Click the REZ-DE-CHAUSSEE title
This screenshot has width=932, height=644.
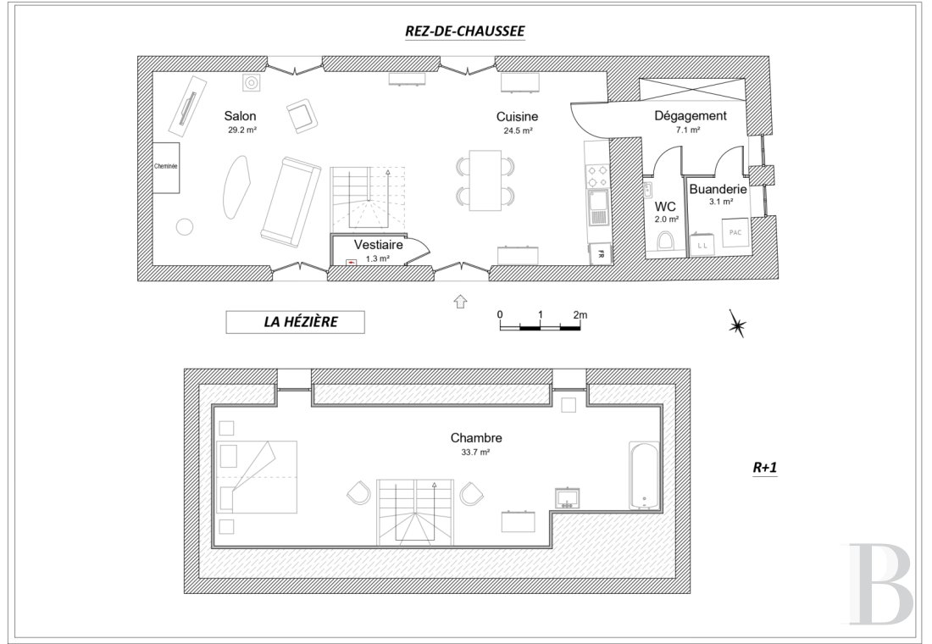pos(465,31)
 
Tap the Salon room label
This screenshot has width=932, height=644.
pos(240,116)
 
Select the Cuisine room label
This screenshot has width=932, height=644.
pos(517,117)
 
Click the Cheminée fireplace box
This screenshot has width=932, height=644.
pos(166,167)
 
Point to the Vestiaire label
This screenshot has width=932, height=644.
pos(378,244)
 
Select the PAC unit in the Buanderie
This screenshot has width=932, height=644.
pos(735,232)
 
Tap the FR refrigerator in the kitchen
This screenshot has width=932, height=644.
pos(601,254)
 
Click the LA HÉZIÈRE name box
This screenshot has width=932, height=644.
pos(295,322)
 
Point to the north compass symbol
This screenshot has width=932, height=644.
pos(738,324)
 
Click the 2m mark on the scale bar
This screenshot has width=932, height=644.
pos(580,315)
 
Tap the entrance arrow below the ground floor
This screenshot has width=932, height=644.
pos(460,301)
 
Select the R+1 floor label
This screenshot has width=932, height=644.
pos(765,468)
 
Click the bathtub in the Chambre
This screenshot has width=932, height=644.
pos(644,475)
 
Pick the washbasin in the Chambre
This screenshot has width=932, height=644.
pos(568,498)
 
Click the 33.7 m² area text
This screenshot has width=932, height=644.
pos(475,452)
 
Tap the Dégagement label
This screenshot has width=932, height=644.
pos(690,116)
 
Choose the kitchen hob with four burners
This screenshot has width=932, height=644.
pos(597,176)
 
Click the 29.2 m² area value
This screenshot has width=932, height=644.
pos(242,130)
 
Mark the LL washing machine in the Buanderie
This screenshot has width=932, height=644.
pos(702,245)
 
